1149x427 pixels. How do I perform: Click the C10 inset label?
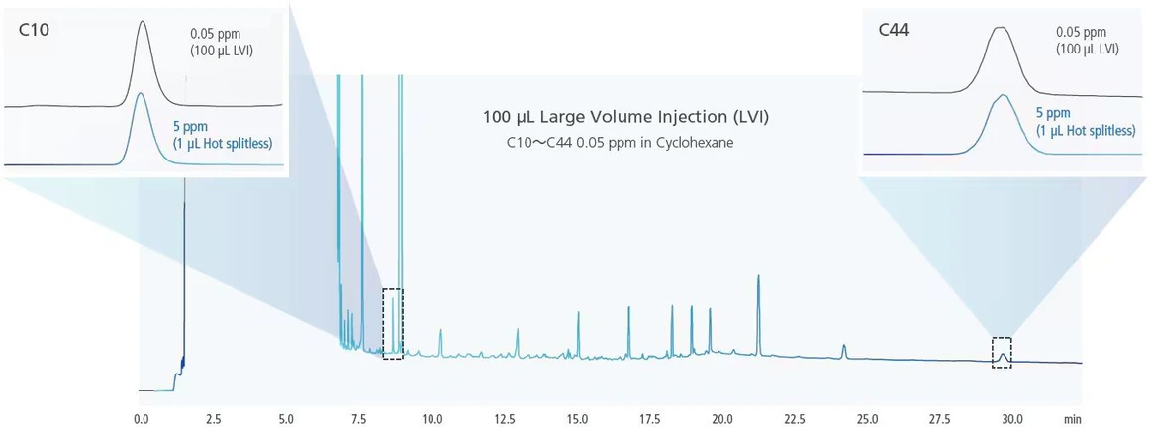(x=34, y=30)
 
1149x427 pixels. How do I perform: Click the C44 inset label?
(x=893, y=30)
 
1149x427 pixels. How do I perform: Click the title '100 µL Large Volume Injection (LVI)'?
(x=625, y=117)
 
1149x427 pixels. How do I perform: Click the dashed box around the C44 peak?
(x=1003, y=353)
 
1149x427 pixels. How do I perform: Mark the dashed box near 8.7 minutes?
(x=393, y=324)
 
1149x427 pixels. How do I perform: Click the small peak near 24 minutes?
(x=844, y=349)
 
